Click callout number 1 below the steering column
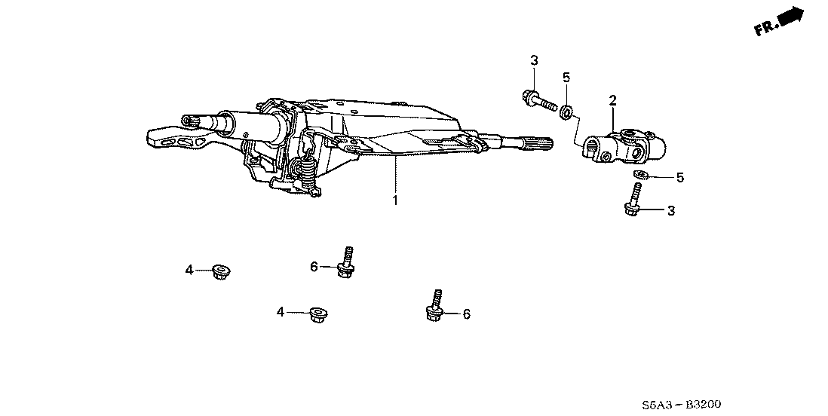pos(394,200)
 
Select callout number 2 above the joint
pos(613,100)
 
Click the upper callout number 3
pos(533,60)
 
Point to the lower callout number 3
pos(670,211)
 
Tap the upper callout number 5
pos(566,77)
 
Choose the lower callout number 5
pos(679,178)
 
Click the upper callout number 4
pos(190,269)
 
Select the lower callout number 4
pos(280,311)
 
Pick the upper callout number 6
pos(314,266)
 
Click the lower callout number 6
pos(466,314)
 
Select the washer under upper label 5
pos(565,113)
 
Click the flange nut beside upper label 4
pos(221,270)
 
